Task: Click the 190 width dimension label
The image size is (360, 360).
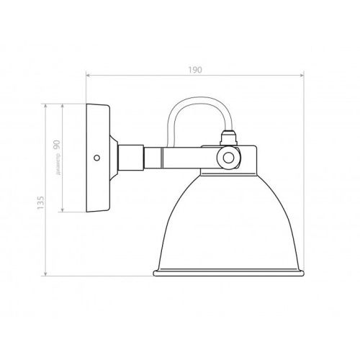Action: (x=195, y=70)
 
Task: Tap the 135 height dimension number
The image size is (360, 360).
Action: (x=41, y=202)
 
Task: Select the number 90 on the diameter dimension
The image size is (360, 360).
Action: (x=57, y=145)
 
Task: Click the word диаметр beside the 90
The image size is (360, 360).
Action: (x=58, y=164)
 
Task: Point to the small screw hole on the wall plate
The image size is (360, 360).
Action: (x=96, y=158)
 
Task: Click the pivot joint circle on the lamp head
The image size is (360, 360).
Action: (x=228, y=158)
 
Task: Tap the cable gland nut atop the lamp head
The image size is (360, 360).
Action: (x=229, y=138)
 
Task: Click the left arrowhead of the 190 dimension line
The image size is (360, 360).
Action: (x=88, y=76)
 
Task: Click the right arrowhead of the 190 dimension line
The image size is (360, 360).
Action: (x=302, y=76)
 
